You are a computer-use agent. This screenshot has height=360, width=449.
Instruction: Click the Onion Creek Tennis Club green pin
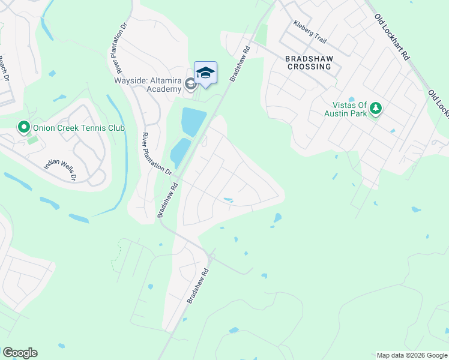[x=23, y=127]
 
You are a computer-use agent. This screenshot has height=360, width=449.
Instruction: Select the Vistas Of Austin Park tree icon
[x=376, y=108]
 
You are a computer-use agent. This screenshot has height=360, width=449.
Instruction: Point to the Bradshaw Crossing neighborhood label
[x=308, y=62]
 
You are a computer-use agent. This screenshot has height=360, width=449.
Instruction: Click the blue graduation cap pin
[x=205, y=73]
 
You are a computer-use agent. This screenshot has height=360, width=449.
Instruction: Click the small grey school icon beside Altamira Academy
[x=191, y=85]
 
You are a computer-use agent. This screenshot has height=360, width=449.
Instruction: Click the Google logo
[x=20, y=353]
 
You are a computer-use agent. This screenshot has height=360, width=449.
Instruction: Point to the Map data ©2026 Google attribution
[x=411, y=355]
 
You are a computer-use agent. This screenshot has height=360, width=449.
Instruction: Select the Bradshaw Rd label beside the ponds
[x=168, y=199]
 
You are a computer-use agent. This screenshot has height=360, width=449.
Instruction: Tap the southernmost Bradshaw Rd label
[x=198, y=284]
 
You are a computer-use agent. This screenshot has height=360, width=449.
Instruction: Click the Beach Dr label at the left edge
[x=4, y=68]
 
